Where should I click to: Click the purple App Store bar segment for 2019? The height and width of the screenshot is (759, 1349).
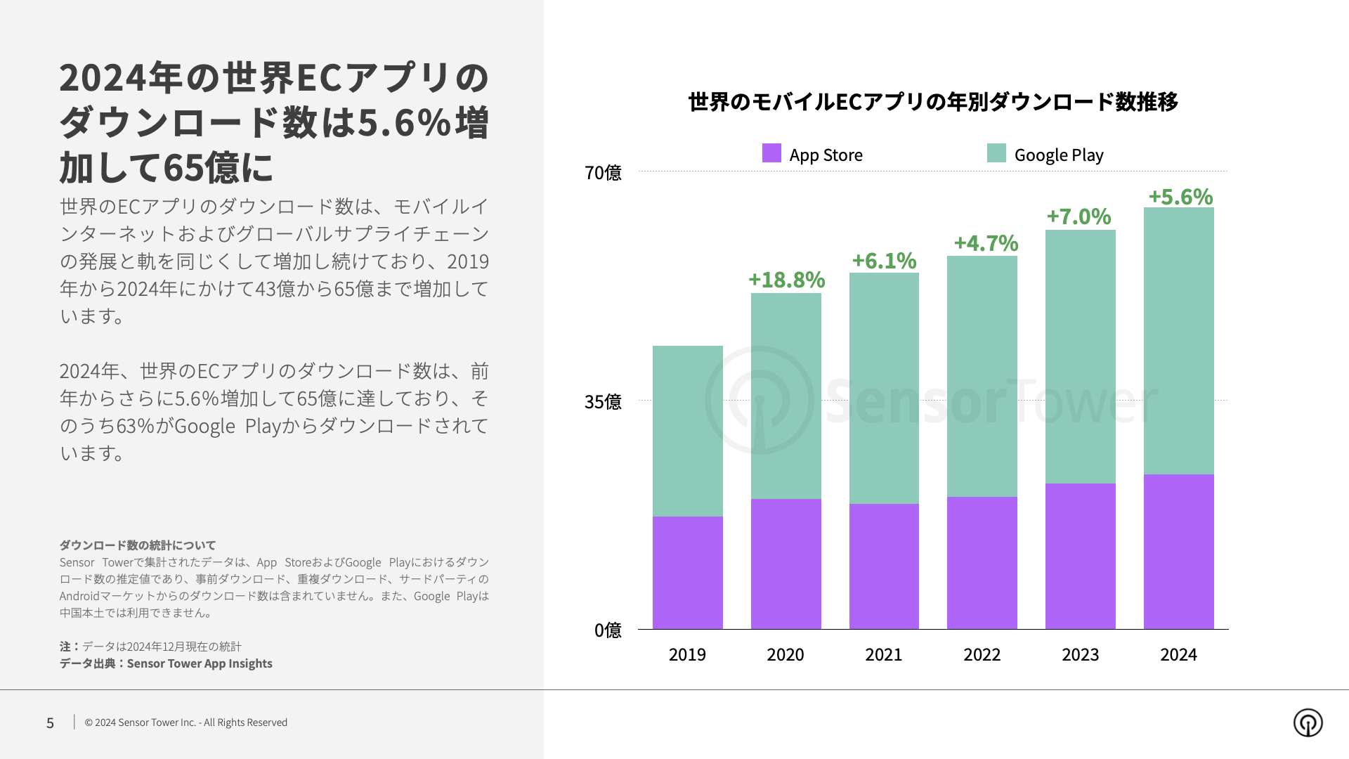pyautogui.click(x=687, y=573)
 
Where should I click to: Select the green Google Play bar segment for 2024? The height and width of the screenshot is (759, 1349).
pyautogui.click(x=1178, y=341)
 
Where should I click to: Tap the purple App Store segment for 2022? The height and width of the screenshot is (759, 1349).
pyautogui.click(x=982, y=563)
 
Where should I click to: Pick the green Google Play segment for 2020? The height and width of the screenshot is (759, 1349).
pyautogui.click(x=786, y=396)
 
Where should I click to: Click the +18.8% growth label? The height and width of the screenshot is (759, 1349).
pyautogui.click(x=786, y=280)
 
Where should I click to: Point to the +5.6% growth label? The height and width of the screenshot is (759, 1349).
pyautogui.click(x=1180, y=197)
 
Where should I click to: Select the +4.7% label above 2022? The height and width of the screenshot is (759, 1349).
pyautogui.click(x=986, y=243)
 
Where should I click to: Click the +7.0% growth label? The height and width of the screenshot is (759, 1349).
pyautogui.click(x=1078, y=216)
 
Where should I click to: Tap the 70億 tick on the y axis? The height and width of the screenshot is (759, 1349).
pyautogui.click(x=603, y=173)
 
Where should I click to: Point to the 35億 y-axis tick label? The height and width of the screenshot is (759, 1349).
pyautogui.click(x=603, y=402)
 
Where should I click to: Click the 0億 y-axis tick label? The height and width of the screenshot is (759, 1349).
pyautogui.click(x=608, y=630)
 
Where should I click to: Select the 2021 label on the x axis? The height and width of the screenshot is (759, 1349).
pyautogui.click(x=883, y=655)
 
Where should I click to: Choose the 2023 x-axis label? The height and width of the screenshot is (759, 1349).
pyautogui.click(x=1080, y=655)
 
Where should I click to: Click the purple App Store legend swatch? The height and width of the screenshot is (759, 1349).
pyautogui.click(x=771, y=153)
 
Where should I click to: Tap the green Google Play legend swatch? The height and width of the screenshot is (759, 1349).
pyautogui.click(x=996, y=153)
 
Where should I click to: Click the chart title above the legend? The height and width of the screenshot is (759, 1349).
pyautogui.click(x=933, y=102)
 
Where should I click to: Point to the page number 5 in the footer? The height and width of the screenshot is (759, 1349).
pyautogui.click(x=50, y=723)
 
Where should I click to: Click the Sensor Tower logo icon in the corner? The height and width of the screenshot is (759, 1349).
pyautogui.click(x=1308, y=722)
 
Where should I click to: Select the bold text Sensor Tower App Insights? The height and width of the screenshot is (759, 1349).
pyautogui.click(x=200, y=663)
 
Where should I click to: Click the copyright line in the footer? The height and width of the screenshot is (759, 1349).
pyautogui.click(x=186, y=722)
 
